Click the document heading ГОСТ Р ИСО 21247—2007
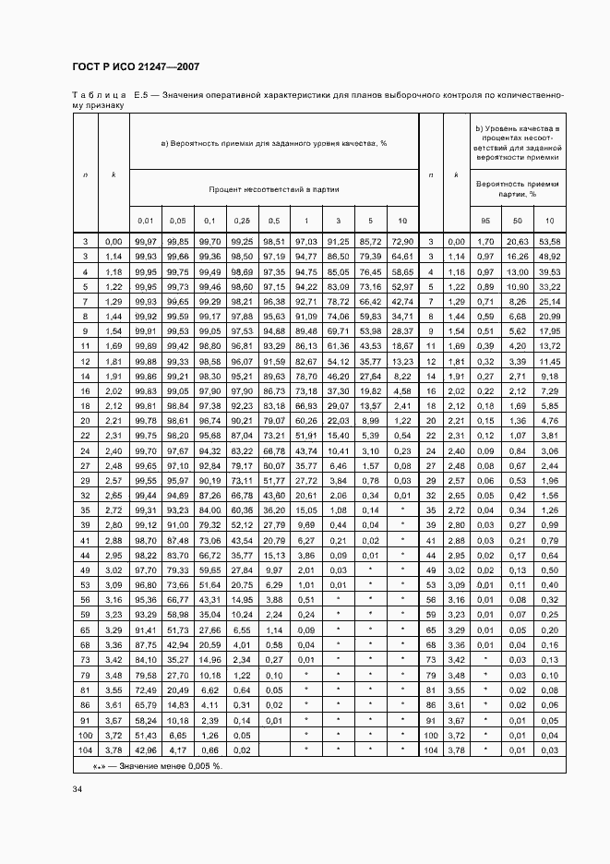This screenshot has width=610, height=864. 136,67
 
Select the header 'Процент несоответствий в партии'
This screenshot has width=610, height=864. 274,188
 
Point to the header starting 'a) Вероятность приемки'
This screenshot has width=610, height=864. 274,143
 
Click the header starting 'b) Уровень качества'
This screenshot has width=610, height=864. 518,142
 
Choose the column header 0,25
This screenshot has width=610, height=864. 243,222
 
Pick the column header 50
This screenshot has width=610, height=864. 518,222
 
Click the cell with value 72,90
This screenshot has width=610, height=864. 401,241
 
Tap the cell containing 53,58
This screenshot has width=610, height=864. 549,241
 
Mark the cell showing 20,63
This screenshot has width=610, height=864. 518,241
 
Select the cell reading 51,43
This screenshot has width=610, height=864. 145,735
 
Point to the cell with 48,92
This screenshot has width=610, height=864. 549,255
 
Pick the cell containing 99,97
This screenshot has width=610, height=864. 145,241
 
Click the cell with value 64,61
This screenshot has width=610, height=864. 401,255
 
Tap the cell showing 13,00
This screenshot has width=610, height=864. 518,271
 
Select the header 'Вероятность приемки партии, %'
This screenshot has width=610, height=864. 518,189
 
